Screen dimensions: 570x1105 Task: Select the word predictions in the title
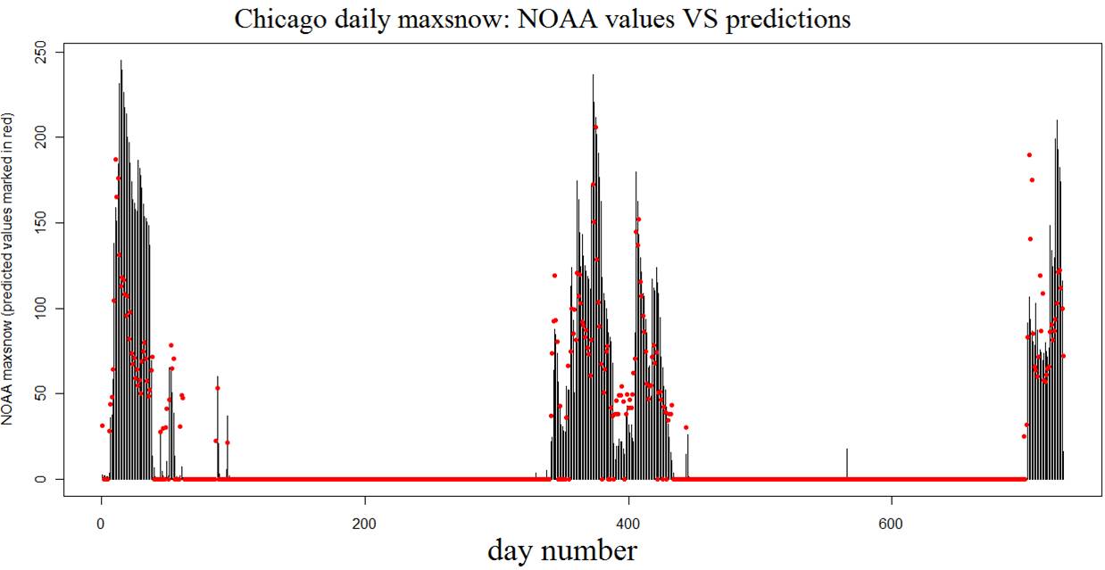[788, 20]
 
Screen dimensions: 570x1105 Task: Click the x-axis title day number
[562, 550]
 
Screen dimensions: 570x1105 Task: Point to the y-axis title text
[8, 268]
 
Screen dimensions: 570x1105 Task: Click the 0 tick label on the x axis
[101, 523]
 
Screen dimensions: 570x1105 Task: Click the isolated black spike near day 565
[846, 463]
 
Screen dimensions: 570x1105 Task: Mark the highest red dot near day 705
[1029, 154]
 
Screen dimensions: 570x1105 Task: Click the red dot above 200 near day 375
[595, 128]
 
